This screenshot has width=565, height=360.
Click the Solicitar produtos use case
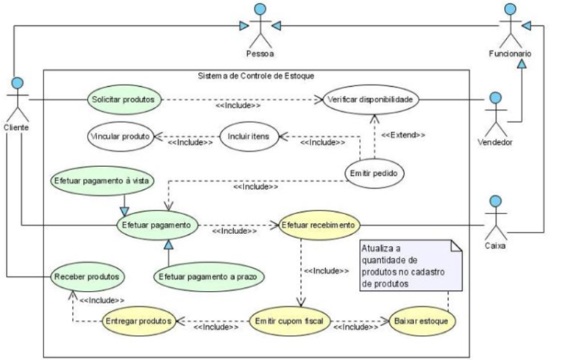click(124, 99)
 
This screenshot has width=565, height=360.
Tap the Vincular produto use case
click(119, 136)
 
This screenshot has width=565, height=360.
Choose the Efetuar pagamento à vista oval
click(90, 180)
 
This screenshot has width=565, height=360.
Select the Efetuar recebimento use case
click(318, 224)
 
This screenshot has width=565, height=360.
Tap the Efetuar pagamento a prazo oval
click(209, 276)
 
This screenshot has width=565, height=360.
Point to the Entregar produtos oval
click(138, 321)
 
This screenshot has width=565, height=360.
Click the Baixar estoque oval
click(422, 321)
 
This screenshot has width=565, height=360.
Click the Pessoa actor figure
click(260, 27)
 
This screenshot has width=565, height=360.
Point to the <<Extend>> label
click(402, 135)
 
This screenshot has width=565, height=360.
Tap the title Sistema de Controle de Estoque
click(256, 76)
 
